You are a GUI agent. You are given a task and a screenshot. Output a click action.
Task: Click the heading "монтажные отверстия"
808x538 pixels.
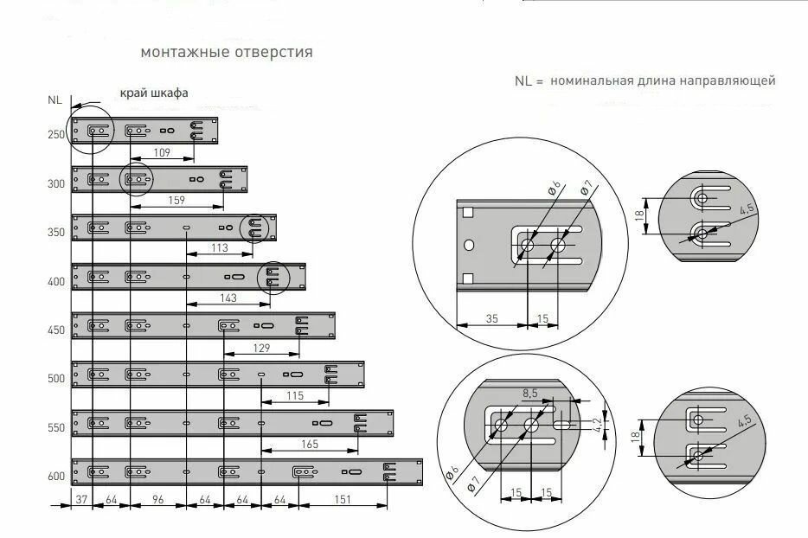click(227, 52)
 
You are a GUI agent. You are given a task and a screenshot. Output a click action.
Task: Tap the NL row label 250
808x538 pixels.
click(56, 135)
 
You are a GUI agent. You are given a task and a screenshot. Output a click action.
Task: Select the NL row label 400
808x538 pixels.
click(56, 282)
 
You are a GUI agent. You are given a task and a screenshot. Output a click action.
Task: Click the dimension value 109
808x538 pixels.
click(161, 151)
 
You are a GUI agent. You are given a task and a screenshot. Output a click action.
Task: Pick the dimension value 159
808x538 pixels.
click(176, 200)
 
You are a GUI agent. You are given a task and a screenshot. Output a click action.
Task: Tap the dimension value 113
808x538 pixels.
click(219, 247)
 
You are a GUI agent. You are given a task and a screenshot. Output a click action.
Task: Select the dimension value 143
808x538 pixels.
click(229, 297)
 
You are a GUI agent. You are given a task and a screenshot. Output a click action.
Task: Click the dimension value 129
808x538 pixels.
click(261, 347)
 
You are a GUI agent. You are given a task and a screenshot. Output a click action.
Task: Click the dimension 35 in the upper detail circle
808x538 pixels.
click(491, 318)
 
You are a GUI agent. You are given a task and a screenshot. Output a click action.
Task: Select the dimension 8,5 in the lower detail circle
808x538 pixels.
click(529, 393)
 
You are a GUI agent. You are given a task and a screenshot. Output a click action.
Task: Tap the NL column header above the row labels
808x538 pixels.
click(55, 99)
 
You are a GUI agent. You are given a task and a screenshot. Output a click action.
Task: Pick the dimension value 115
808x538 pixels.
click(294, 395)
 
